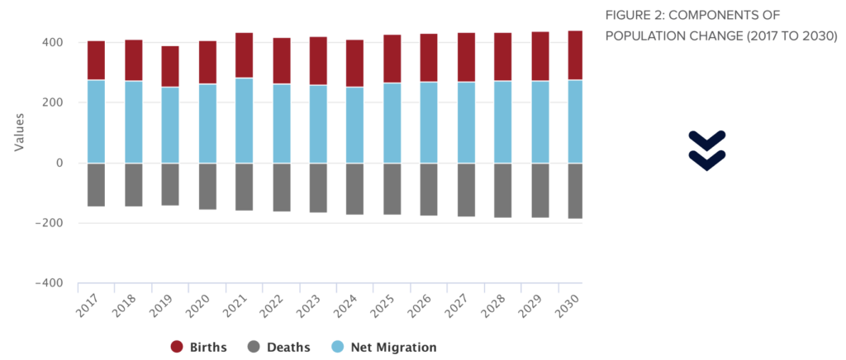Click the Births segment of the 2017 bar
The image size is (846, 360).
coord(96,60)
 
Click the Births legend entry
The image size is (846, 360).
coord(198,347)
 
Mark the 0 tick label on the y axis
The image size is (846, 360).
coord(60,163)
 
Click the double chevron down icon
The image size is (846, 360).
coord(706,149)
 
